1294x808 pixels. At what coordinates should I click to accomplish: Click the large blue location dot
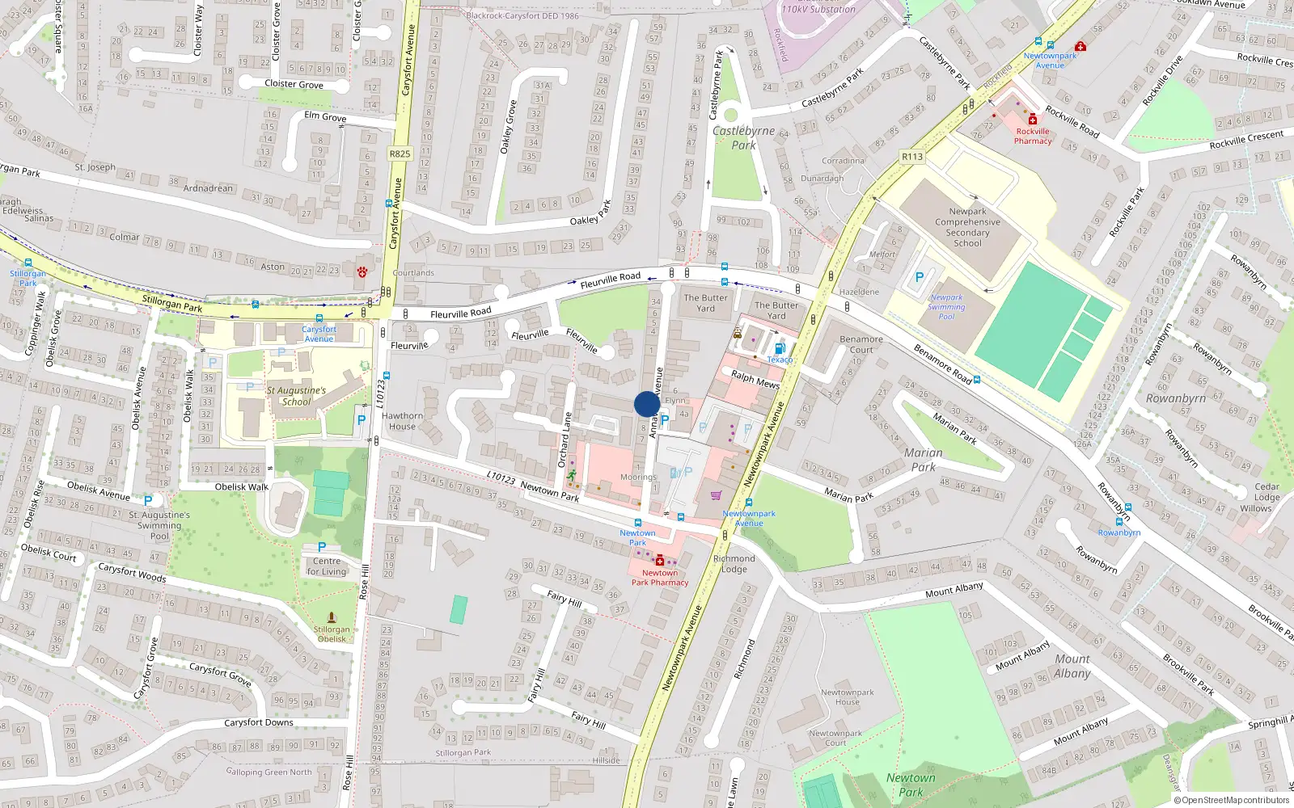coord(647,404)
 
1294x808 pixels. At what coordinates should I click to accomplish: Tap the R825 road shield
coord(400,154)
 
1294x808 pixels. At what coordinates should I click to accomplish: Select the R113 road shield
coord(911,157)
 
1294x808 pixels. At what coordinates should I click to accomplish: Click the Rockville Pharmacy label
coord(1033,136)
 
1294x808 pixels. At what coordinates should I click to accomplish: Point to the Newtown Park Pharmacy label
coord(660,578)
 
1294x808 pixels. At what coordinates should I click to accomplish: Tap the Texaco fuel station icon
coord(779,348)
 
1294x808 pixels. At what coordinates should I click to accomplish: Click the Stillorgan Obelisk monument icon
coord(331,617)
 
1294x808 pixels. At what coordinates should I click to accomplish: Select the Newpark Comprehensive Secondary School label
coord(967,227)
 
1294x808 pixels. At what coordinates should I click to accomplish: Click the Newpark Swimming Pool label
coord(946,307)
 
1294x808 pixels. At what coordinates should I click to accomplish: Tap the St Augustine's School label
coord(296,396)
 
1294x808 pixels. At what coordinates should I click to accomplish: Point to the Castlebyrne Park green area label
coord(743,137)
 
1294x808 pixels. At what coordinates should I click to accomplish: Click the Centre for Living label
coord(326,566)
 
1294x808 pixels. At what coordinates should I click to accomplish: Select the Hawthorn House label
coord(402,421)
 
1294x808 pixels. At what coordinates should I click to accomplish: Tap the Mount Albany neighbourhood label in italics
coord(1072,666)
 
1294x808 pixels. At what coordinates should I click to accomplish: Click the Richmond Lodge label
coord(734,564)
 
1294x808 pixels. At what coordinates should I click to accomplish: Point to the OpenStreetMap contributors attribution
coord(1231,800)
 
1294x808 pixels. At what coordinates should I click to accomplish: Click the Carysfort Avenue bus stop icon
coord(319,319)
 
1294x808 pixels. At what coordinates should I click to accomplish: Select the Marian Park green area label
coord(923,460)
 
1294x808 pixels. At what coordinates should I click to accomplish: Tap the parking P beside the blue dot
coord(665,419)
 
